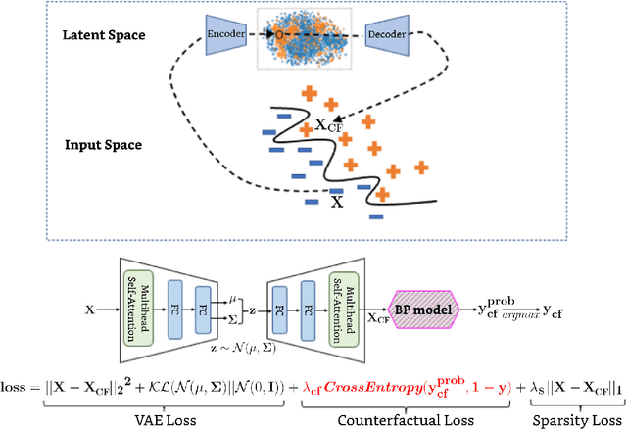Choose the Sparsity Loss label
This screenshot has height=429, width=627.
(x=570, y=418)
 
